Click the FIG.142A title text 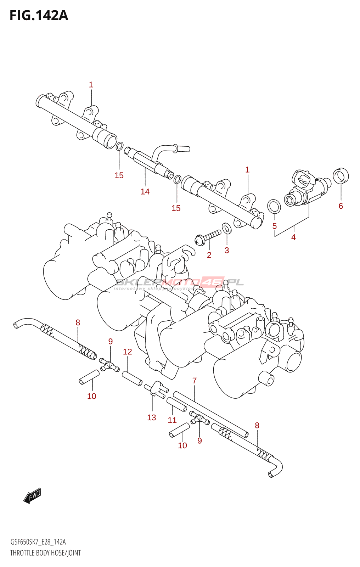(x=39, y=16)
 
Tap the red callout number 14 (x=145, y=192)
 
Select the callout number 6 (x=341, y=206)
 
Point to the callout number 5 (x=275, y=226)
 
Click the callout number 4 (x=293, y=237)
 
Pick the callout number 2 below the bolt (x=209, y=255)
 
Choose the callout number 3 (x=226, y=250)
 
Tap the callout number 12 (x=128, y=352)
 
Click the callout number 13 (x=152, y=417)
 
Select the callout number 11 (x=172, y=420)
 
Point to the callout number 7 (x=195, y=381)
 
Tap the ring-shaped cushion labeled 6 (x=341, y=175)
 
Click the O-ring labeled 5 (x=274, y=207)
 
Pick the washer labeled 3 (x=226, y=228)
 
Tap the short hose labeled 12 (x=132, y=378)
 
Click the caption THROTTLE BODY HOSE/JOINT (x=46, y=552)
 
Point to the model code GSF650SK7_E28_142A (x=38, y=542)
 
